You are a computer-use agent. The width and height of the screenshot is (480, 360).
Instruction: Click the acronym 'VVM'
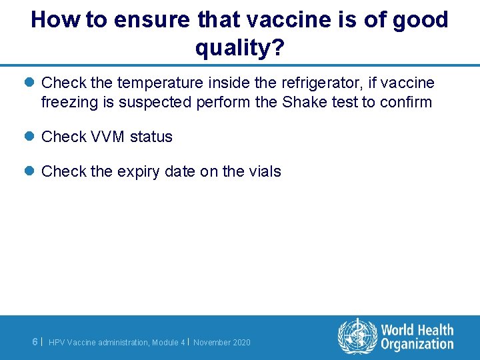click(108, 137)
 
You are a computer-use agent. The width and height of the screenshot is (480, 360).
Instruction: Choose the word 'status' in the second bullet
click(151, 137)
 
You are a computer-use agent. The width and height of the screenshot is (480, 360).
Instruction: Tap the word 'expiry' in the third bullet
click(139, 171)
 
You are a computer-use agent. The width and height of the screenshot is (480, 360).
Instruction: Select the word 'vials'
click(265, 171)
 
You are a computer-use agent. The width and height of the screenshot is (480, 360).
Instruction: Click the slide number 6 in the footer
click(35, 341)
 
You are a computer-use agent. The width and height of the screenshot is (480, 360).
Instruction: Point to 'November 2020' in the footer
click(222, 343)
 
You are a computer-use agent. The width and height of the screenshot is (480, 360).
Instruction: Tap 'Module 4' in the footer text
click(169, 343)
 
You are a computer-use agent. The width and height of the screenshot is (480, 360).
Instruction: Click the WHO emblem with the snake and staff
click(357, 337)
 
